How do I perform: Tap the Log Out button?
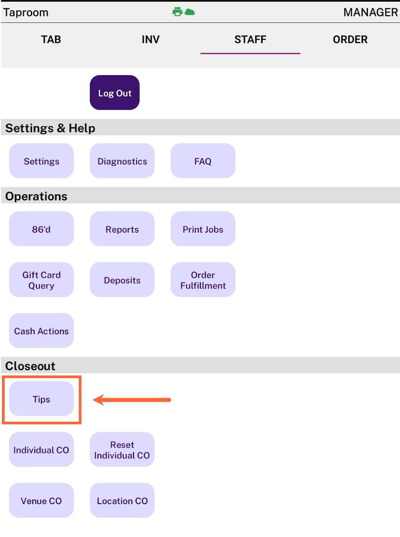tap(115, 93)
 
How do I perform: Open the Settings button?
tap(41, 161)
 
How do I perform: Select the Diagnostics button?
tap(122, 161)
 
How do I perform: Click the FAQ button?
tap(203, 161)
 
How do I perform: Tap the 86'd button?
tap(41, 229)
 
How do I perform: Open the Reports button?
tap(122, 229)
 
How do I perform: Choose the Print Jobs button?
tap(203, 229)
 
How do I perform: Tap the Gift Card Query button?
tap(41, 280)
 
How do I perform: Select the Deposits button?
tap(122, 280)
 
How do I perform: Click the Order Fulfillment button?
tap(203, 280)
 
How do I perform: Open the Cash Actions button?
tap(41, 331)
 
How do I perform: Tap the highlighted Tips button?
tap(41, 398)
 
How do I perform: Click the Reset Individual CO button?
tap(122, 449)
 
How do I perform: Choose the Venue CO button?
tap(41, 500)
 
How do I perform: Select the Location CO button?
tap(122, 500)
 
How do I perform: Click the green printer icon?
tap(177, 12)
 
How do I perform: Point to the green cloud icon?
tap(190, 12)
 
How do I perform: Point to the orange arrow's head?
tap(93, 400)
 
